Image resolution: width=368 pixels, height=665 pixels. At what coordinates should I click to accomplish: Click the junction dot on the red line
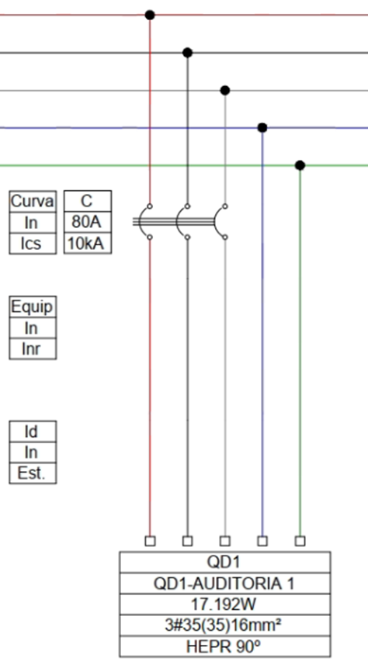(149, 16)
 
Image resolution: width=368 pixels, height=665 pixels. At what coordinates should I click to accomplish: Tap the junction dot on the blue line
(262, 128)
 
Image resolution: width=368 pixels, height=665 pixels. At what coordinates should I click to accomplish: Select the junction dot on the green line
(300, 165)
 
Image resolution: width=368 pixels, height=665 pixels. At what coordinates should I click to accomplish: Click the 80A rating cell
(88, 222)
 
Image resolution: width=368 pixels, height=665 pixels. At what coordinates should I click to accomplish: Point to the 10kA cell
(88, 244)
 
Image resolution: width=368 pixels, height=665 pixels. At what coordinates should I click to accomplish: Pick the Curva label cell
(33, 202)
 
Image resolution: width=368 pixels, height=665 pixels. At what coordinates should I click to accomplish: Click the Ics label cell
(33, 244)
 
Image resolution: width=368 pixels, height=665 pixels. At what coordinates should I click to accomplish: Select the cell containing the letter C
(88, 202)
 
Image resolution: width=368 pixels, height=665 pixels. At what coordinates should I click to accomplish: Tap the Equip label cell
(33, 307)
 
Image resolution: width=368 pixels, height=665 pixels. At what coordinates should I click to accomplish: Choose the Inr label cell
(33, 349)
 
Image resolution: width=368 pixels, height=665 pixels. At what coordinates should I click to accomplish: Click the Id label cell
(33, 431)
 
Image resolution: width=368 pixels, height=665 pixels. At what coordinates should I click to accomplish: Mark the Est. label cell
(33, 473)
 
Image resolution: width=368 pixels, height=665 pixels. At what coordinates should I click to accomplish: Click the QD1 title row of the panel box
(225, 563)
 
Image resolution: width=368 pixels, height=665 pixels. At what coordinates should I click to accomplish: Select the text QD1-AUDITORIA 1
(224, 584)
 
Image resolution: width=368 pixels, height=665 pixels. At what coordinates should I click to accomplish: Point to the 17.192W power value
(224, 604)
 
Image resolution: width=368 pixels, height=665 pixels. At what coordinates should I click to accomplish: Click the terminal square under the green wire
(300, 541)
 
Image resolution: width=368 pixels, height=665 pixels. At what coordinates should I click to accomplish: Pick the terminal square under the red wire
(150, 541)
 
